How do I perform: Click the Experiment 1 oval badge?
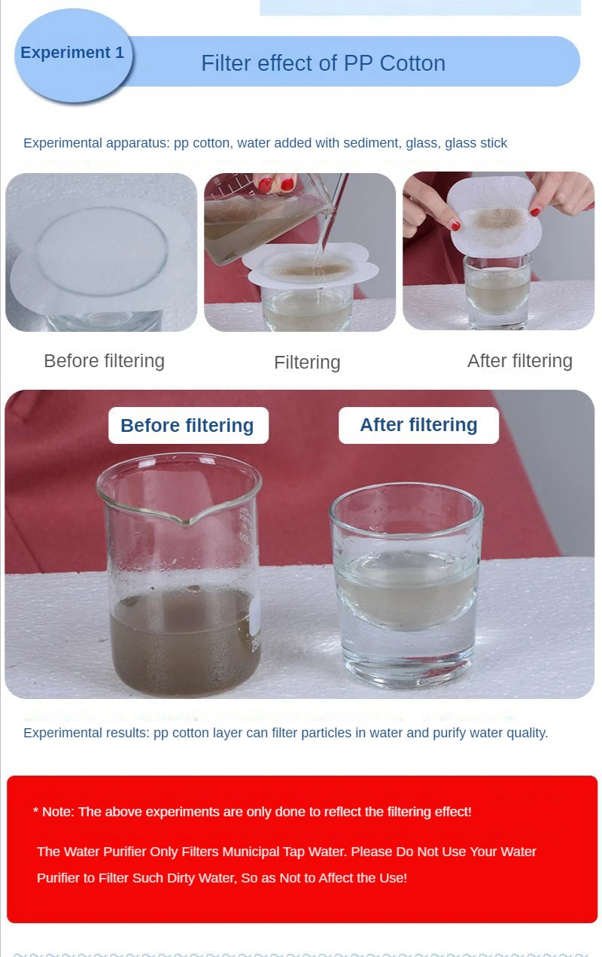[72, 54]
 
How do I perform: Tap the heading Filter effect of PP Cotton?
[323, 63]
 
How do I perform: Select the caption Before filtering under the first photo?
[104, 361]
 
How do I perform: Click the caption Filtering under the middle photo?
[307, 363]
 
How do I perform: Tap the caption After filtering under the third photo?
[519, 361]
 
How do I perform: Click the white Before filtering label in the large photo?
[187, 426]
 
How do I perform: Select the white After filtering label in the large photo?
[418, 425]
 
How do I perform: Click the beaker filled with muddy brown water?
[183, 602]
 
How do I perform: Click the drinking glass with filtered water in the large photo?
[406, 587]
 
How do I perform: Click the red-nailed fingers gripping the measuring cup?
[275, 182]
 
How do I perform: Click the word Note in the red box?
[56, 812]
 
